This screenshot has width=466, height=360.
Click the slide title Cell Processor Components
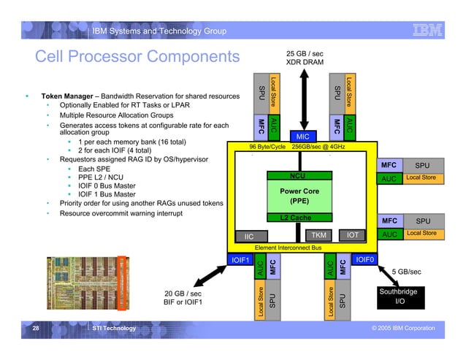pos(137,57)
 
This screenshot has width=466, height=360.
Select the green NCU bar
pos(297,176)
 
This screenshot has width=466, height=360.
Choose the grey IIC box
pos(249,237)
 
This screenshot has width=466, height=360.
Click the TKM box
pos(319,235)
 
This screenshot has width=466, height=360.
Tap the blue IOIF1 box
pos(240,259)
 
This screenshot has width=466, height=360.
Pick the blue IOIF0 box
pos(364,259)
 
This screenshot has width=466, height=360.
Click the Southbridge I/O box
pos(398,296)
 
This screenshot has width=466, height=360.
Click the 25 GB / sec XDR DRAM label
pos(305,58)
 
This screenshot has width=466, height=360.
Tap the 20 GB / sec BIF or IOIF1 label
pos(183,298)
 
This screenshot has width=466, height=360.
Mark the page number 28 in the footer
pos(35,329)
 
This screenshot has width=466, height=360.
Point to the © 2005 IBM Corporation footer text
pos(403,329)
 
